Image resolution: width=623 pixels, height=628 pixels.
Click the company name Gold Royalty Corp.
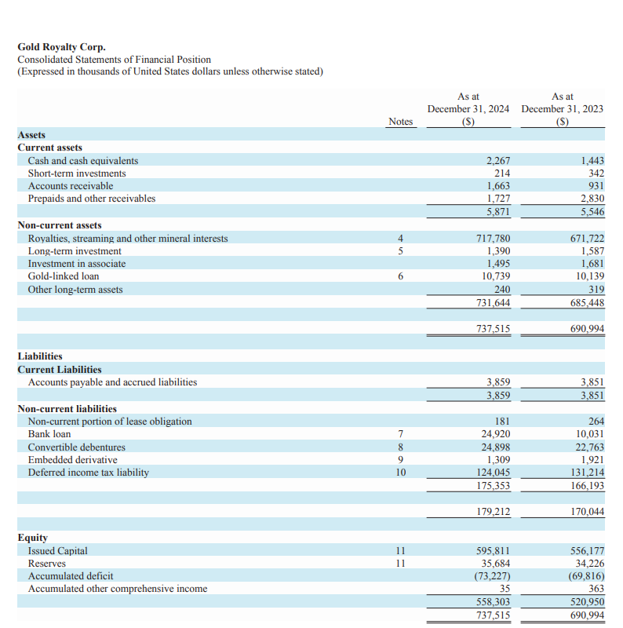pos(61,47)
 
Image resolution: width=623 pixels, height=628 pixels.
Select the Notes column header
pos(400,122)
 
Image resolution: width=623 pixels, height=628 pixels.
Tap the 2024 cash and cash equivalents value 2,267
pos(498,161)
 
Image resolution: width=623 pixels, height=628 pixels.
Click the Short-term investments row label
pos(77,173)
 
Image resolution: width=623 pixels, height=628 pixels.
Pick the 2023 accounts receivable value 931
pos(596,186)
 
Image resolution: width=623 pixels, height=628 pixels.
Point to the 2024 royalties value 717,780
pos(494,239)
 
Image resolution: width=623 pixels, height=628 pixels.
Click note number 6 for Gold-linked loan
pos(400,276)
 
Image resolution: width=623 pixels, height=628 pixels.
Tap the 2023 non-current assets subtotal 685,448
pos(587,303)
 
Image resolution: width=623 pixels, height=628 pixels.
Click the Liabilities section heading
pos(40,356)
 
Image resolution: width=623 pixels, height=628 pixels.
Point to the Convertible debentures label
pos(77,447)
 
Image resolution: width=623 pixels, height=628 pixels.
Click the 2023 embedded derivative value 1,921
pos(592,460)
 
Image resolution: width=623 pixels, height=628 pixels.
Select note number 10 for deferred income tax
pos(400,473)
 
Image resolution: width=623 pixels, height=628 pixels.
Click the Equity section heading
pos(33,538)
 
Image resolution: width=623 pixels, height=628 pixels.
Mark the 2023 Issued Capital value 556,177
pos(587,551)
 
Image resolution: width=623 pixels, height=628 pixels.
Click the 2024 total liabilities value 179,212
pos(494,513)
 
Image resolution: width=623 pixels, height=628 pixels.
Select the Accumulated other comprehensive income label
pos(118,589)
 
